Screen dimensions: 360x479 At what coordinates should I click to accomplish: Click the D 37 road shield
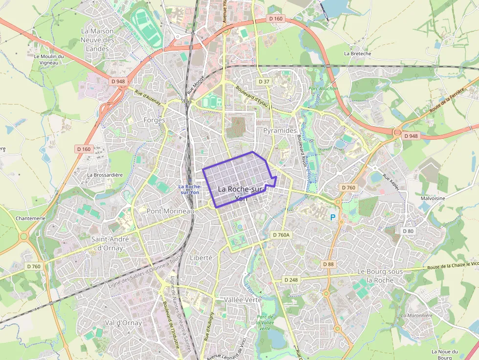tap(264, 82)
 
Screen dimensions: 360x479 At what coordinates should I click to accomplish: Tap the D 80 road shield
tap(408, 231)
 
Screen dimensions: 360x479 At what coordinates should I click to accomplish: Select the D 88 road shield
tap(328, 264)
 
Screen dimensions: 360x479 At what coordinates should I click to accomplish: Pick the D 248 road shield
tap(290, 280)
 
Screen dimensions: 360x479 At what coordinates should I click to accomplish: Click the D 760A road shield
tap(281, 235)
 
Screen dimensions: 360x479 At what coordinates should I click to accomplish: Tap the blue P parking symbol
tap(333, 217)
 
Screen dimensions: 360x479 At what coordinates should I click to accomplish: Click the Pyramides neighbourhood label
tap(280, 131)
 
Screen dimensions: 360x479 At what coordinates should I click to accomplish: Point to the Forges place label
tap(154, 120)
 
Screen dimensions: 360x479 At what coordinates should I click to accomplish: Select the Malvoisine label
tap(433, 199)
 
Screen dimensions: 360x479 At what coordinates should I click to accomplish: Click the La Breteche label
tap(358, 54)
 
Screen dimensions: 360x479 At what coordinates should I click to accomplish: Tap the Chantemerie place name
tap(30, 218)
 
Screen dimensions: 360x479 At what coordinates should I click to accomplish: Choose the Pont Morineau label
tap(171, 211)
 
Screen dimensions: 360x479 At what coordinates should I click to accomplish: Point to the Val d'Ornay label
tap(123, 323)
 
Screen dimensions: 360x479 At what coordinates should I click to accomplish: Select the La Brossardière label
tap(105, 175)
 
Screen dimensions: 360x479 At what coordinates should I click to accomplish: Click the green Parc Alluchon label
tap(323, 89)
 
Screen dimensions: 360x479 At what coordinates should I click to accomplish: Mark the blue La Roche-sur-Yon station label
tap(189, 189)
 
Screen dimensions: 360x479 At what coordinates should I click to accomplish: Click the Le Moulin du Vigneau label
tap(49, 59)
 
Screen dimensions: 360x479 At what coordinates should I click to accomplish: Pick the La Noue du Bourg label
tap(444, 355)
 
